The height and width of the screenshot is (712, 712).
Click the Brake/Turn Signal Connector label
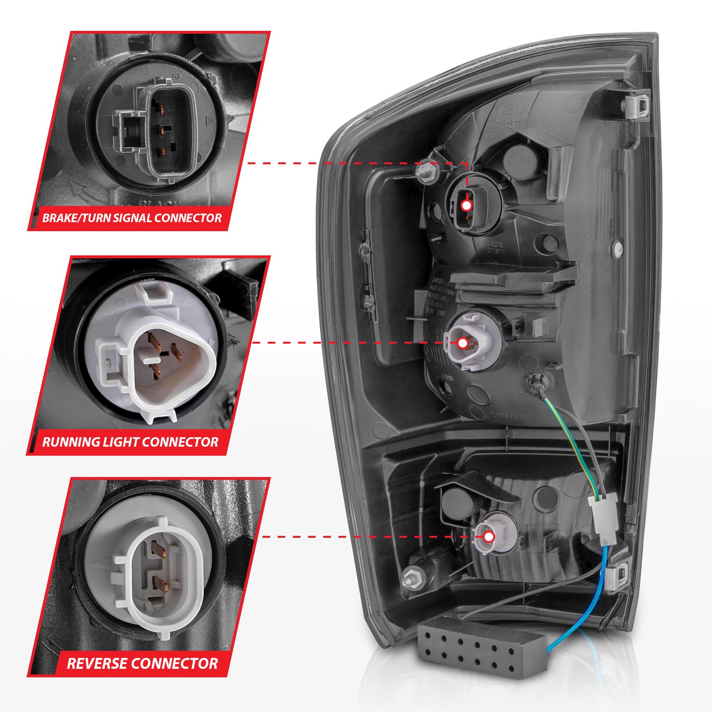(132, 218)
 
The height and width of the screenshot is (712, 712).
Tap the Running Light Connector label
(131, 442)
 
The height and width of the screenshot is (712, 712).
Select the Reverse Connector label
(142, 663)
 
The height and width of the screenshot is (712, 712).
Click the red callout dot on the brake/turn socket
(466, 206)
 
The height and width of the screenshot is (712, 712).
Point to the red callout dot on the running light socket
(462, 342)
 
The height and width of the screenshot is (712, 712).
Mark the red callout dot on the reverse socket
(489, 537)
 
